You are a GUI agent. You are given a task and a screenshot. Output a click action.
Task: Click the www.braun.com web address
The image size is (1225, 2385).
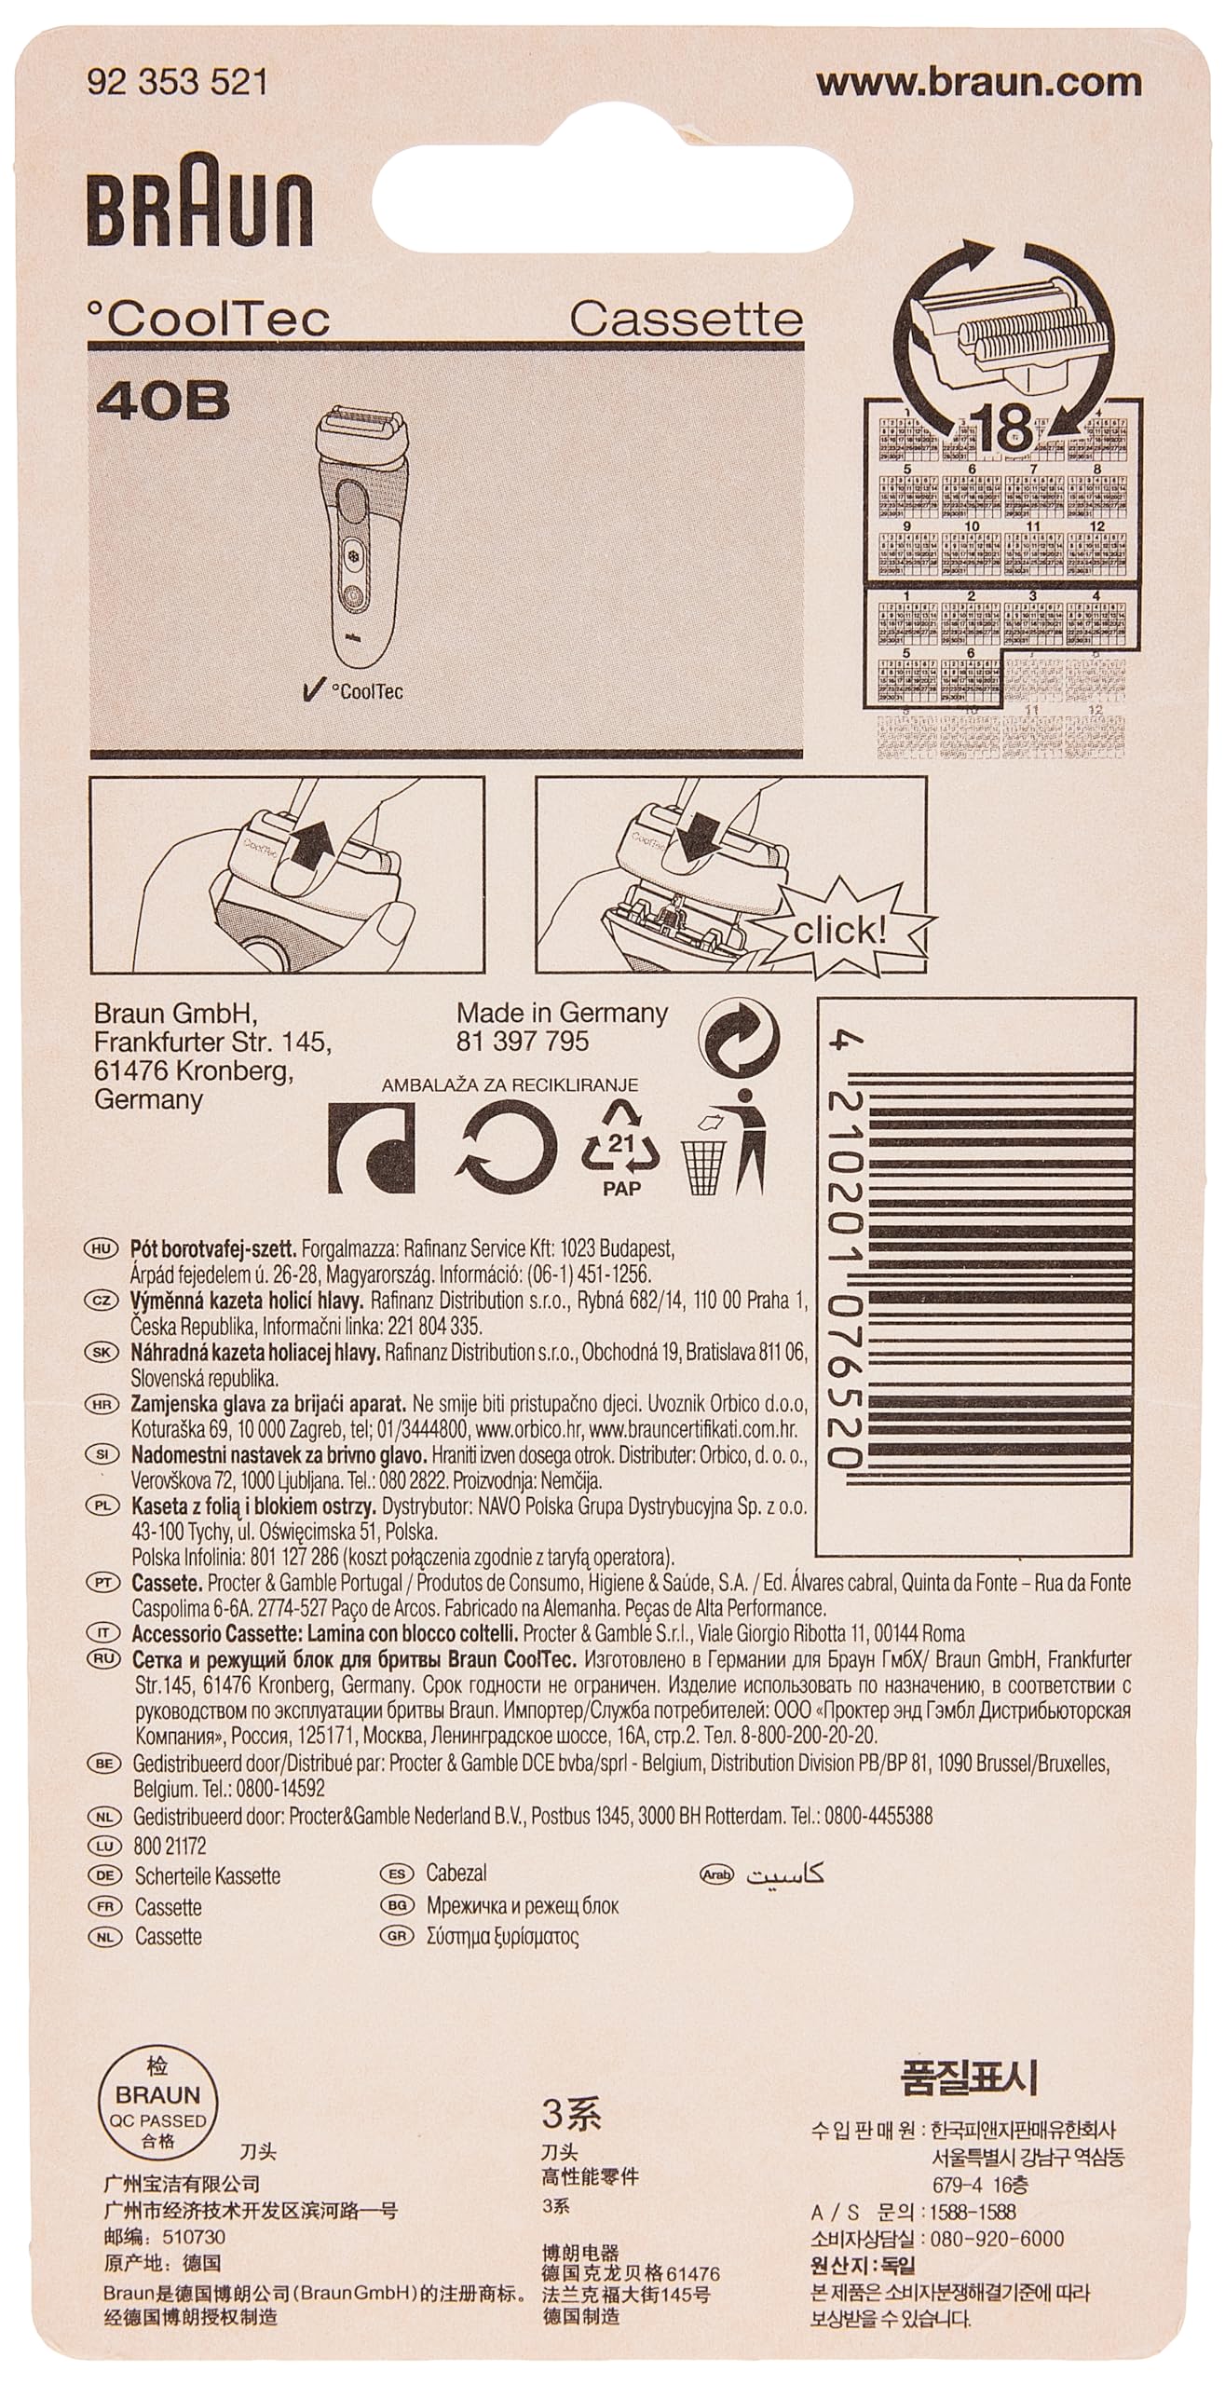[978, 83]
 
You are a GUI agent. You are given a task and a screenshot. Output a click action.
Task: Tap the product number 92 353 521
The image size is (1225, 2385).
[177, 84]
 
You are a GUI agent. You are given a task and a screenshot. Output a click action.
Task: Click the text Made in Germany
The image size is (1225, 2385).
[562, 1013]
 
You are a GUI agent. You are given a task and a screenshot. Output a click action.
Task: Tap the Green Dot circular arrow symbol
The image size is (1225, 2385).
[742, 1043]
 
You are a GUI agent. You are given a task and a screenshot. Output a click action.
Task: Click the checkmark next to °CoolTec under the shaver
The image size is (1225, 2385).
[313, 690]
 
